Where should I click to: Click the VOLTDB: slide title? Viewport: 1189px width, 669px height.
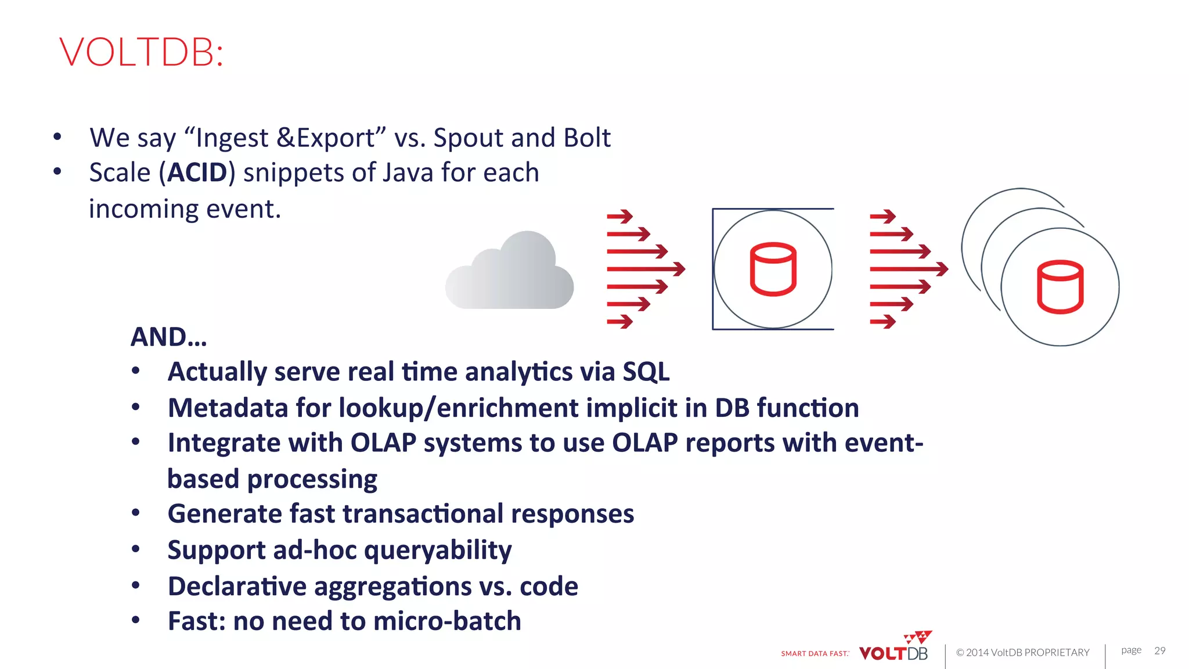(x=141, y=52)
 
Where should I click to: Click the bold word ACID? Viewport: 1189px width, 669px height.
(x=197, y=172)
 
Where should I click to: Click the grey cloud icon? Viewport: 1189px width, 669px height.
(x=510, y=271)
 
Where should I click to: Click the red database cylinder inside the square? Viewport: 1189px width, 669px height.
(x=773, y=269)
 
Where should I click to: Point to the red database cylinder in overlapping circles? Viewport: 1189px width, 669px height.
(x=1060, y=287)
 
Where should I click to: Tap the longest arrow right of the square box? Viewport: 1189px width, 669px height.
(x=909, y=269)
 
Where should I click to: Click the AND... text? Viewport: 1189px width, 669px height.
(x=168, y=337)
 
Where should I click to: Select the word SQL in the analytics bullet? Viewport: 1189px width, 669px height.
(x=646, y=372)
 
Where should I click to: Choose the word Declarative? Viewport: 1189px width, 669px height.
(x=237, y=586)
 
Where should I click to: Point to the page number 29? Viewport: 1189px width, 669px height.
(x=1159, y=650)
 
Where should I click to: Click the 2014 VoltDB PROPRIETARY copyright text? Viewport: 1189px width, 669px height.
(x=1022, y=653)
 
